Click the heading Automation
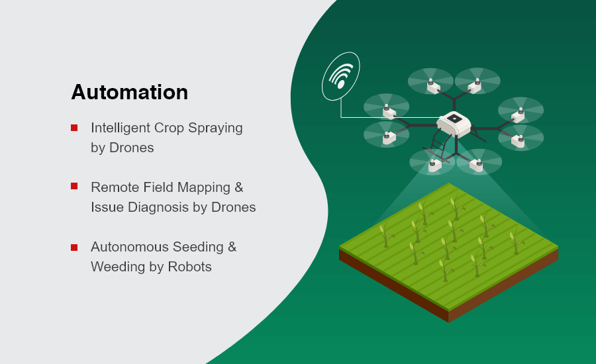click(x=130, y=93)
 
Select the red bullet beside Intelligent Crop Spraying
click(x=74, y=128)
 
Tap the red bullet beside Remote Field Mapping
click(x=74, y=186)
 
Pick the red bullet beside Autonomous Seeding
click(x=74, y=248)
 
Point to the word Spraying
click(x=215, y=128)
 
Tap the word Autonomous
click(x=129, y=247)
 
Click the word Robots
click(x=189, y=267)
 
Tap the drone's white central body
click(x=454, y=124)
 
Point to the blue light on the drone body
click(x=454, y=119)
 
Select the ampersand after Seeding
click(x=232, y=247)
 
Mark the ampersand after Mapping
click(x=238, y=187)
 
